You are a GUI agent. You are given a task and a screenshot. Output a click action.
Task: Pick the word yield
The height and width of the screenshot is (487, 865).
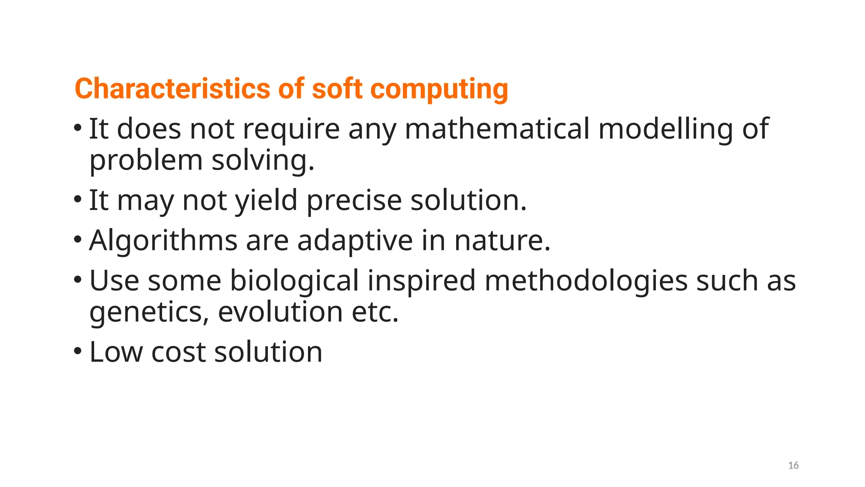tap(266, 200)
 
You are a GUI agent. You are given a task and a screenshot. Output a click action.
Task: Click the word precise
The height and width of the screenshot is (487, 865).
tap(354, 200)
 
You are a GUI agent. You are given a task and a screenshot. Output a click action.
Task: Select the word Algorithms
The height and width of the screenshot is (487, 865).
tap(163, 241)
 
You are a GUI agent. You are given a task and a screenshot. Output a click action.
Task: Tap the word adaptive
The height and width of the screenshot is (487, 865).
tap(355, 241)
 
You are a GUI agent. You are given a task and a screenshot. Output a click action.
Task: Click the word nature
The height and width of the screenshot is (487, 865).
tap(502, 241)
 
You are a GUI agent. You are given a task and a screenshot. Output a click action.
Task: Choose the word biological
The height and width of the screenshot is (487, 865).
tap(294, 280)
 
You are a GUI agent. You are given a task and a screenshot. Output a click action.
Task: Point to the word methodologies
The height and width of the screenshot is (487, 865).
tap(586, 280)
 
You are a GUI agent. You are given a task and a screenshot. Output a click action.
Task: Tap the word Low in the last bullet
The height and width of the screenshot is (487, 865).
tap(116, 352)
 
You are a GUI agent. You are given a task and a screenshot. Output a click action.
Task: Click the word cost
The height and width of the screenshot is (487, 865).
tap(178, 352)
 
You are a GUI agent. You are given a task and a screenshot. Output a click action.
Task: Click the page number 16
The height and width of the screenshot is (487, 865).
tap(793, 465)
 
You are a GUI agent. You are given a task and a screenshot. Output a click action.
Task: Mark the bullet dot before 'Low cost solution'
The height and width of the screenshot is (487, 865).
tap(77, 351)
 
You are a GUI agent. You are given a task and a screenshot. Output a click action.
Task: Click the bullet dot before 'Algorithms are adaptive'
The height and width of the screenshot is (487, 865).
tap(77, 240)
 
